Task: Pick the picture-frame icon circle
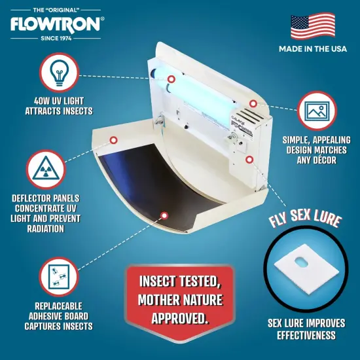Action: pyautogui.click(x=314, y=111)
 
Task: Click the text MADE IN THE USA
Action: pyautogui.click(x=312, y=49)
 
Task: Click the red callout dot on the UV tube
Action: pyautogui.click(x=171, y=79)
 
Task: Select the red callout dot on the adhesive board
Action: pyautogui.click(x=164, y=214)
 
